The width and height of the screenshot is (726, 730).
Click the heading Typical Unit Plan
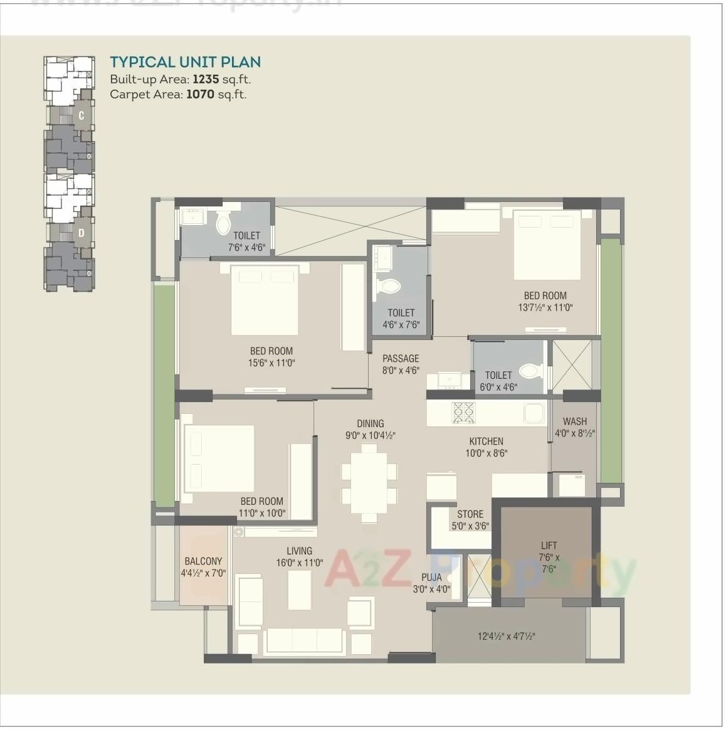click(x=185, y=62)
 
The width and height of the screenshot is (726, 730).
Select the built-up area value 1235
click(x=206, y=79)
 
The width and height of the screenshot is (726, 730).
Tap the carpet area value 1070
click(x=200, y=95)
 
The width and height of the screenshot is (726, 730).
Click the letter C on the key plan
click(x=82, y=116)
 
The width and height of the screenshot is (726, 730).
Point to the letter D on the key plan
click(x=82, y=233)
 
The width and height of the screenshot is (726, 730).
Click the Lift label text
click(x=549, y=546)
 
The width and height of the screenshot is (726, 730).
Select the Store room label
click(x=470, y=514)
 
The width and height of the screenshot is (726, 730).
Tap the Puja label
click(x=431, y=578)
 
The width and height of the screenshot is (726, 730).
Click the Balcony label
click(x=203, y=561)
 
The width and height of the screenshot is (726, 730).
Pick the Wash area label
click(x=574, y=421)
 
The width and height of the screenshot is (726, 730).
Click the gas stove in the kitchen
click(x=464, y=412)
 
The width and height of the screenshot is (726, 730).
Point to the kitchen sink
click(x=534, y=413)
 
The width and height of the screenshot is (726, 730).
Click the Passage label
click(x=401, y=359)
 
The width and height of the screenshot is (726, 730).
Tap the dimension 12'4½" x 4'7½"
click(x=506, y=637)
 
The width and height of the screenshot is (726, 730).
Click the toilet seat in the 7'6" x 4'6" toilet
click(x=223, y=223)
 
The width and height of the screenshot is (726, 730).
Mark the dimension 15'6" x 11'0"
click(x=271, y=363)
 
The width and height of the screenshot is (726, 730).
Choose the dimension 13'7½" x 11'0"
click(x=545, y=307)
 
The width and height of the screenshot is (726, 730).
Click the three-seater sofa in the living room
click(x=304, y=640)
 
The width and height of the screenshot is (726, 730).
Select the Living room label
click(x=299, y=551)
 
